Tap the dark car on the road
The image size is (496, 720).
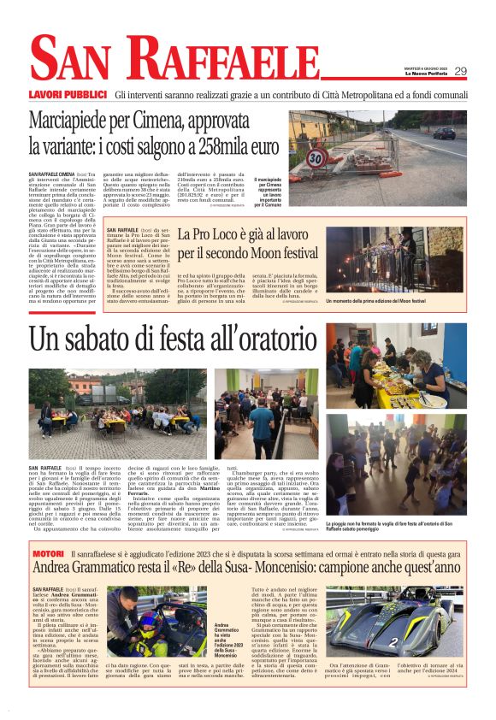[444, 133]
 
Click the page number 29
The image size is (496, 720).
[461, 72]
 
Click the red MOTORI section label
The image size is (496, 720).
[46, 531]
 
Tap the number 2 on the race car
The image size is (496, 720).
[420, 642]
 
